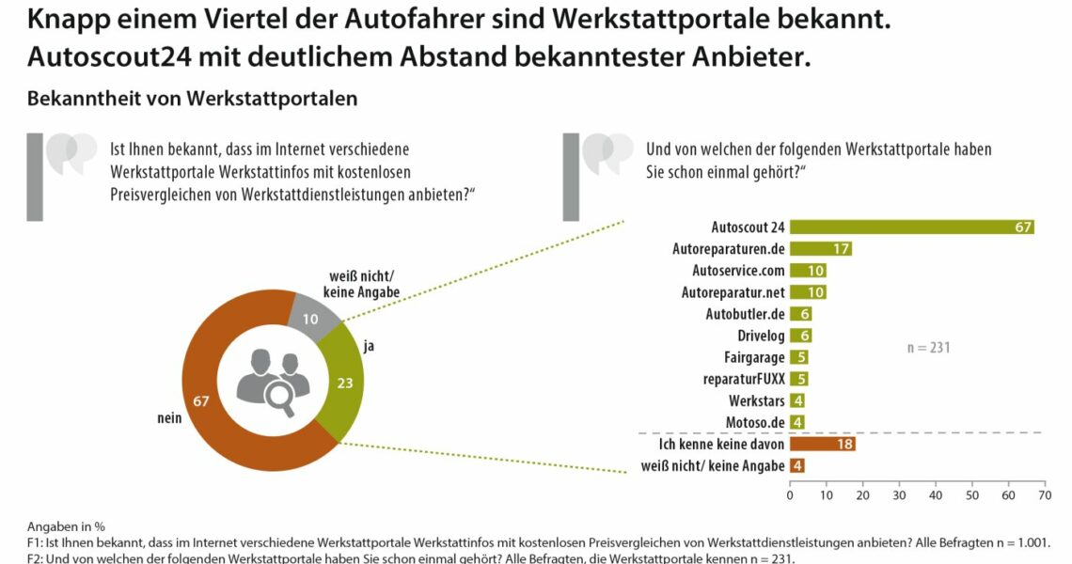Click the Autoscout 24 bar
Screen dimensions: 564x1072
tap(911, 227)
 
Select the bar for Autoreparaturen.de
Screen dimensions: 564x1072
tap(821, 249)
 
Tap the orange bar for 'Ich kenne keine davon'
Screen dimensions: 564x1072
tap(822, 444)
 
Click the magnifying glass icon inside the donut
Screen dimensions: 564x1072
tap(279, 398)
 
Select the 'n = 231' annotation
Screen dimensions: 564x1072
tap(928, 347)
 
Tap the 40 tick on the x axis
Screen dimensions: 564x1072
tap(936, 494)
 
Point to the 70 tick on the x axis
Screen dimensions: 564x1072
tap(1044, 494)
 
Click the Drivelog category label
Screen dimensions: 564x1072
tap(761, 336)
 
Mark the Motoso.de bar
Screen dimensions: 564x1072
tap(796, 422)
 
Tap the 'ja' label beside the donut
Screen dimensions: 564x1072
tap(369, 346)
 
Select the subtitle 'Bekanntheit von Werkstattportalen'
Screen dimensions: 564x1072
tap(192, 99)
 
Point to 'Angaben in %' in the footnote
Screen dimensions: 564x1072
tap(65, 526)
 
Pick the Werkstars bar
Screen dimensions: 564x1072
tap(796, 400)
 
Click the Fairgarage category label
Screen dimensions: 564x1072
tap(754, 357)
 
